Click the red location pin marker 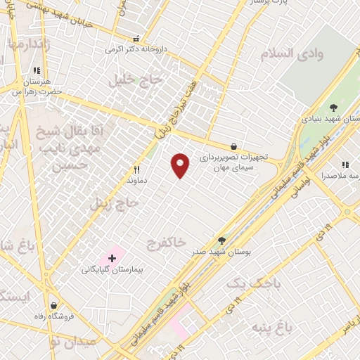(181, 165)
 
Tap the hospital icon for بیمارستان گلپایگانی (112, 259)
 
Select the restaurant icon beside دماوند (137, 169)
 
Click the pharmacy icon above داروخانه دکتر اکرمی (136, 38)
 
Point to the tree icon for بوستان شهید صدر (222, 240)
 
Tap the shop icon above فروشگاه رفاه (53, 304)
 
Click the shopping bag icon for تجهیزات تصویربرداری (233, 147)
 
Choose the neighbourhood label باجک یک (270, 283)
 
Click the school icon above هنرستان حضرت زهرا (36, 70)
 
